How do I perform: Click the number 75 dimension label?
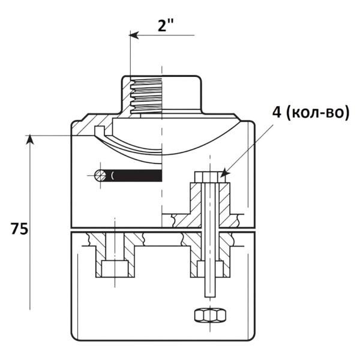pyautogui.click(x=20, y=229)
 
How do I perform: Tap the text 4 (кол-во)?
pyautogui.click(x=311, y=112)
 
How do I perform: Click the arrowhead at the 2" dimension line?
pyautogui.click(x=134, y=35)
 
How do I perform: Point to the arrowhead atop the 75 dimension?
pyautogui.click(x=30, y=140)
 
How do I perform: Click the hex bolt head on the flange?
pyautogui.click(x=210, y=177)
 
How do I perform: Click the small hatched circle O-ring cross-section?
pyautogui.click(x=100, y=176)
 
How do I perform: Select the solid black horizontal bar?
pyautogui.click(x=134, y=176)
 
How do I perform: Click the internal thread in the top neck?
pyautogui.click(x=146, y=96)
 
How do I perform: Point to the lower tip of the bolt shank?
pyautogui.click(x=210, y=296)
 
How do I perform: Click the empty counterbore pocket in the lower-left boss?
pyautogui.click(x=115, y=269)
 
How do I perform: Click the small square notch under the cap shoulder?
pyautogui.click(x=100, y=130)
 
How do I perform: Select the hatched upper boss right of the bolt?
pyautogui.click(x=224, y=205)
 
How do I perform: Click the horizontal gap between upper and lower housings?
pyautogui.click(x=163, y=230)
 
